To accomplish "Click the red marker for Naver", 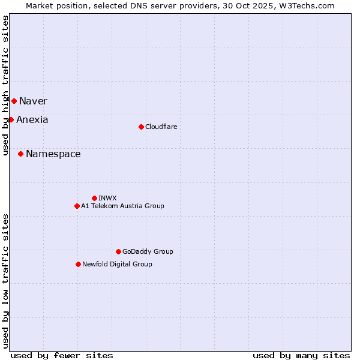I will point(14,101).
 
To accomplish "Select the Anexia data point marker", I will point(11,119).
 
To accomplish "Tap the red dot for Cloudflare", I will point(141,127).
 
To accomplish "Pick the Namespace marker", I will point(20,154).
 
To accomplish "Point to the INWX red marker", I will point(94,198).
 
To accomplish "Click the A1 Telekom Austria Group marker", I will point(77,206).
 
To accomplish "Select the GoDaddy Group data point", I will point(118,251).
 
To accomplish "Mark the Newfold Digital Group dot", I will point(78,264).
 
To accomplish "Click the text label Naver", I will point(33,101).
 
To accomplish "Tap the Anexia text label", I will point(32,119).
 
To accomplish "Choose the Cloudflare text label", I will point(161,127).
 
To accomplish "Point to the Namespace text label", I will point(53,154).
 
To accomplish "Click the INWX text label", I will point(107,198).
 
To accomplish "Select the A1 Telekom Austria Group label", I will point(122,206).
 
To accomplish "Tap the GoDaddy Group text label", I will point(148,251).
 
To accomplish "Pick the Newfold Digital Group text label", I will point(117,264).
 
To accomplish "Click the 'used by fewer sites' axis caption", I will point(62,355).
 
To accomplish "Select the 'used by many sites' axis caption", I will point(301,355).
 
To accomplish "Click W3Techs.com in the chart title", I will point(310,5).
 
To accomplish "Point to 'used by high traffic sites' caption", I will point(5,85).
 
